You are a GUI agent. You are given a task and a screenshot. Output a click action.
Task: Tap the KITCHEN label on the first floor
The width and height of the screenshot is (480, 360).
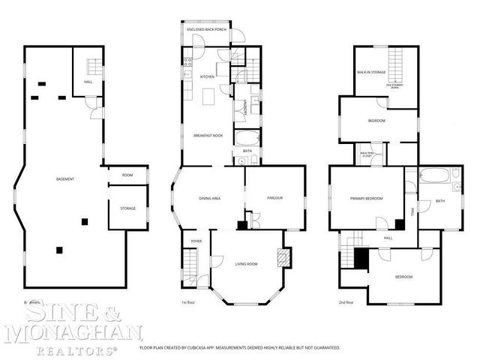click(x=207, y=76)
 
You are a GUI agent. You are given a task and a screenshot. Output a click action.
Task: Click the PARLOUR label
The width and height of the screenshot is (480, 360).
click(x=274, y=198)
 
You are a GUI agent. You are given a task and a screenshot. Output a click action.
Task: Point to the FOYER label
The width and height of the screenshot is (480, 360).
click(x=196, y=241)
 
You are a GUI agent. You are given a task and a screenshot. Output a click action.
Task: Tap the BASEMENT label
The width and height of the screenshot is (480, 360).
click(x=64, y=178)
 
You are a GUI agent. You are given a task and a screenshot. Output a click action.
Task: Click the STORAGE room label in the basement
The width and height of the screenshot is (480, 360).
click(x=127, y=208)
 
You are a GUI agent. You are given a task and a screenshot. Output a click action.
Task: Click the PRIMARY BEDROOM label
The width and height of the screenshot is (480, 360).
click(x=366, y=199)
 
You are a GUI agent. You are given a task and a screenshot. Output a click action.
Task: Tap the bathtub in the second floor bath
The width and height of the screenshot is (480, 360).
click(x=434, y=177)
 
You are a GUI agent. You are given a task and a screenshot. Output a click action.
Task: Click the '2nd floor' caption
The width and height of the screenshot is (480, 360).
click(x=345, y=302)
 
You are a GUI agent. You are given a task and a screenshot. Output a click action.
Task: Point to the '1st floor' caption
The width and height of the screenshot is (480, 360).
click(x=188, y=302)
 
